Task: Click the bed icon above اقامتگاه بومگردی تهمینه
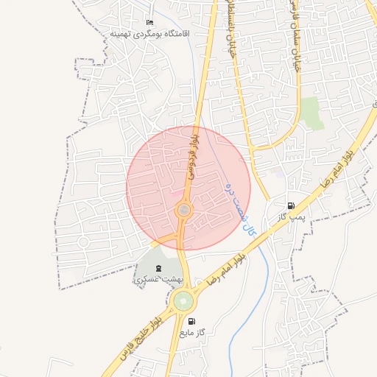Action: (151, 23)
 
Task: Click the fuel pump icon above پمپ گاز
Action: (292, 205)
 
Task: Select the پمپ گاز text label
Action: (292, 217)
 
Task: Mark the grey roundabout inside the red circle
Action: (183, 212)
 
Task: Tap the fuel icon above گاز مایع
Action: (192, 321)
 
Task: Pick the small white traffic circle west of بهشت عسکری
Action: (83, 242)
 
